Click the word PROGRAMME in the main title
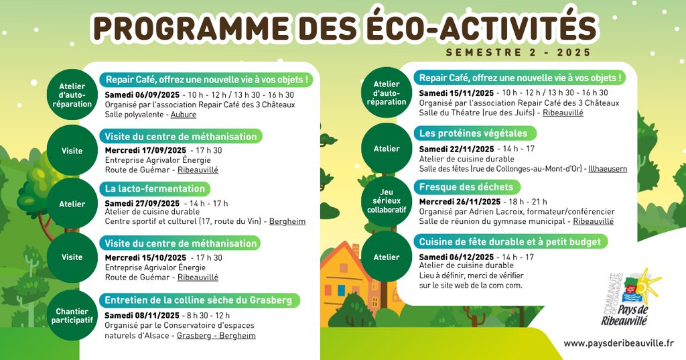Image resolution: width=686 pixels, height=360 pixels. tap(191, 28)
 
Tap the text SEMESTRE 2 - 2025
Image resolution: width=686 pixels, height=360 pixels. tap(519, 52)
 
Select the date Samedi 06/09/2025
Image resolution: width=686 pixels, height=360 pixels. tap(142, 95)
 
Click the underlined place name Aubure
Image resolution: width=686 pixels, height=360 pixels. tap(184, 115)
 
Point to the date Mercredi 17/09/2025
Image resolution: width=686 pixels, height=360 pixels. tap(145, 150)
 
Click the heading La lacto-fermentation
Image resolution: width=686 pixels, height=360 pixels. tap(155, 189)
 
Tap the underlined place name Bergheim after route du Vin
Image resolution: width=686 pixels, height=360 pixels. tap(287, 222)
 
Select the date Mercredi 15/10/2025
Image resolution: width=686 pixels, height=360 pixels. tap(145, 258)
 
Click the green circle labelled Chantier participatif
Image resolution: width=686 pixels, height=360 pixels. tap(72, 315)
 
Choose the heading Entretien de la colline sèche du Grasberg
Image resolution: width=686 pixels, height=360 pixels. tap(198, 300)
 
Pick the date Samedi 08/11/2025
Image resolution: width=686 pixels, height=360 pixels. tap(142, 316)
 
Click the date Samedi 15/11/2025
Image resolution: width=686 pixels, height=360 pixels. tap(456, 93)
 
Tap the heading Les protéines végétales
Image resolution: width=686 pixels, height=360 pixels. tap(474, 133)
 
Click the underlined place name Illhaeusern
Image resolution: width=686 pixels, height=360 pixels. tap(608, 169)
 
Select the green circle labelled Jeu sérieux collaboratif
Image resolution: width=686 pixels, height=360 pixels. tap(387, 201)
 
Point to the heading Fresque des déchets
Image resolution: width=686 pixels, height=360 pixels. tap(466, 187)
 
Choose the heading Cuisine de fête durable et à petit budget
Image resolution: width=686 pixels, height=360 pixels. tap(510, 242)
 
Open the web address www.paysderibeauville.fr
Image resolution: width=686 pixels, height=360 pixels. tap(618, 344)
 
